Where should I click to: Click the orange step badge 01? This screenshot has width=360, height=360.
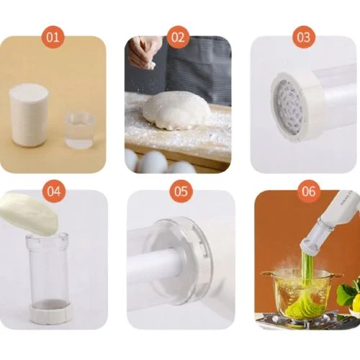point(53,37)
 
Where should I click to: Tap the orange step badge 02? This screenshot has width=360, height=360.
point(178,37)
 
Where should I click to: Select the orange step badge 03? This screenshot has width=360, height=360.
point(303,37)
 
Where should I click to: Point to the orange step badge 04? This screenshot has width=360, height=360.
point(54,192)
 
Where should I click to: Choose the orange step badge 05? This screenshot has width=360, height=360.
point(181,192)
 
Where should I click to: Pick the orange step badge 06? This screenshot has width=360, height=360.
point(309,192)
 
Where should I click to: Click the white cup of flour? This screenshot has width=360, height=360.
point(30,114)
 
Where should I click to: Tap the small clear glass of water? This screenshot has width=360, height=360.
point(80,130)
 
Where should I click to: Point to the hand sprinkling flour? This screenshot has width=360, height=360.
point(142,52)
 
